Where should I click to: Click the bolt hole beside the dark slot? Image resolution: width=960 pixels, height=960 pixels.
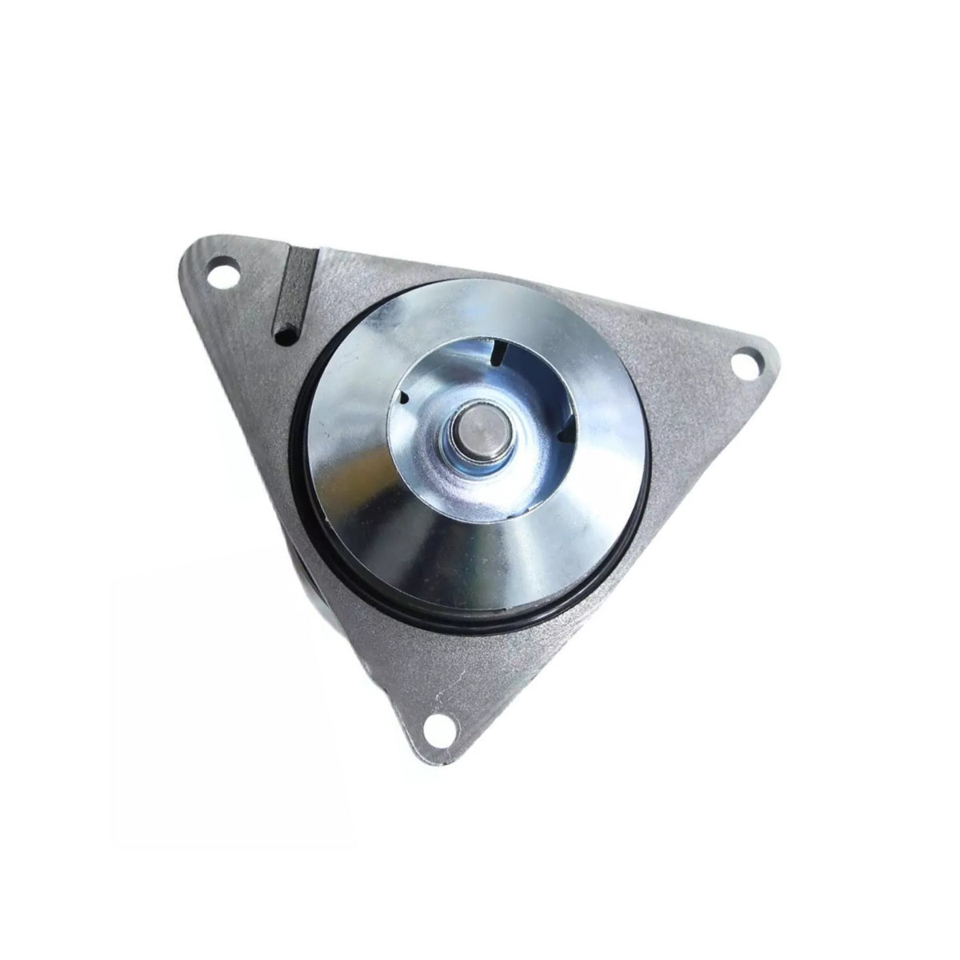(226, 277)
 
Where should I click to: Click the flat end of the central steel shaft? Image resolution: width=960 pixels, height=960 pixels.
(474, 422)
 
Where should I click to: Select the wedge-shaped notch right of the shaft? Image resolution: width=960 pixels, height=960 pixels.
(566, 433)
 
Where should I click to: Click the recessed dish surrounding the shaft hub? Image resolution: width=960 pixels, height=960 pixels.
(512, 480)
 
